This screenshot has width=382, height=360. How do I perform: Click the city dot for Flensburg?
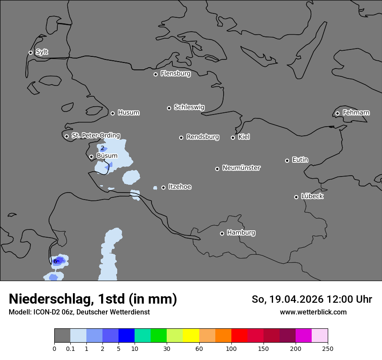pyautogui.click(x=155, y=74)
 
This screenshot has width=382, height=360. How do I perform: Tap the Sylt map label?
pyautogui.click(x=42, y=52)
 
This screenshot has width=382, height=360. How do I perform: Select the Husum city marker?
pyautogui.click(x=112, y=113)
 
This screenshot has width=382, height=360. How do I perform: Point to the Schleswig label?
pyautogui.click(x=189, y=107)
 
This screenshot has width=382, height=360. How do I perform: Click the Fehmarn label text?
pyautogui.click(x=356, y=113)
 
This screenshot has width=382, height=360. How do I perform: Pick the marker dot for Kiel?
pyautogui.click(x=233, y=137)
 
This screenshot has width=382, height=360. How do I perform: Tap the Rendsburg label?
pyautogui.click(x=202, y=137)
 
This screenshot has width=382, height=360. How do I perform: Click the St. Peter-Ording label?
pyautogui.click(x=95, y=135)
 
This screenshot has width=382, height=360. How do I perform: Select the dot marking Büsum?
pyautogui.click(x=91, y=157)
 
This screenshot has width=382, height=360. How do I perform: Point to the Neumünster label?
pyautogui.click(x=241, y=168)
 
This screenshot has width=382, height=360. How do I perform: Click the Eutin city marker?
pyautogui.click(x=287, y=160)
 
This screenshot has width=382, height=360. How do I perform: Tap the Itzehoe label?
pyautogui.click(x=180, y=187)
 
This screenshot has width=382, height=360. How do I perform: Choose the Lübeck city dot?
pyautogui.click(x=296, y=197)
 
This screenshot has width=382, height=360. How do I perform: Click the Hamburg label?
pyautogui.click(x=241, y=233)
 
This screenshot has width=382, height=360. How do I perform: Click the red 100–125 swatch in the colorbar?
pyautogui.click(x=239, y=336)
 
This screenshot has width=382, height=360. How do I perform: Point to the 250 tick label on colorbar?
pyautogui.click(x=328, y=348)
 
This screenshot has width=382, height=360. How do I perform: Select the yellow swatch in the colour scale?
pyautogui.click(x=191, y=336)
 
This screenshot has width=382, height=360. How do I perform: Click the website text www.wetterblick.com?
pyautogui.click(x=313, y=312)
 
